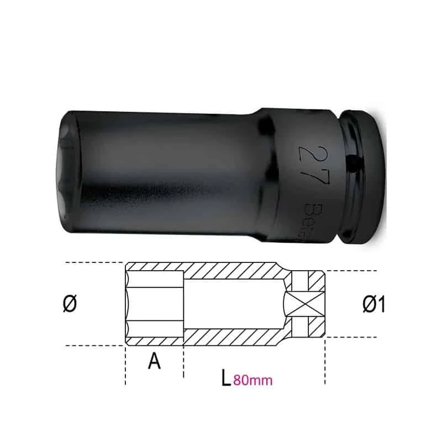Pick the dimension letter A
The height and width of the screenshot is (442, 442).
click(x=155, y=361)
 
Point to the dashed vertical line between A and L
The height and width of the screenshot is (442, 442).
click(x=183, y=362)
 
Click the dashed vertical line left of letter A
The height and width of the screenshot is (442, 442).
click(x=125, y=365)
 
